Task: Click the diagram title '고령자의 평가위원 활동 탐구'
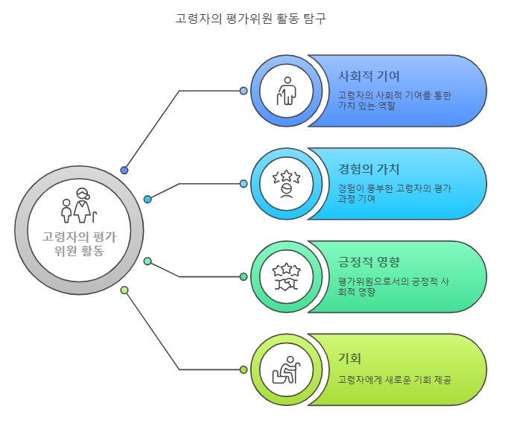click(250, 19)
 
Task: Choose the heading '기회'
click(349, 358)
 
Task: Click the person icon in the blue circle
click(286, 91)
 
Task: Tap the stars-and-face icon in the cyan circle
click(286, 183)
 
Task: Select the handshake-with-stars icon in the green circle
click(286, 276)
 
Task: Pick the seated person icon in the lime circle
click(286, 369)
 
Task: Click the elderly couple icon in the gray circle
click(79, 207)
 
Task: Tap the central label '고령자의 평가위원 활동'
click(79, 244)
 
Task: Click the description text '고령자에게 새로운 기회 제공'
click(394, 380)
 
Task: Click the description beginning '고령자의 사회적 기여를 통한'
click(394, 101)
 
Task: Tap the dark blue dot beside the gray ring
click(124, 170)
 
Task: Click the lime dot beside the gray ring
click(124, 290)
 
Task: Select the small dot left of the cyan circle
click(244, 183)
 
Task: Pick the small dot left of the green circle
click(244, 276)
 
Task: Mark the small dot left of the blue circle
click(244, 91)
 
